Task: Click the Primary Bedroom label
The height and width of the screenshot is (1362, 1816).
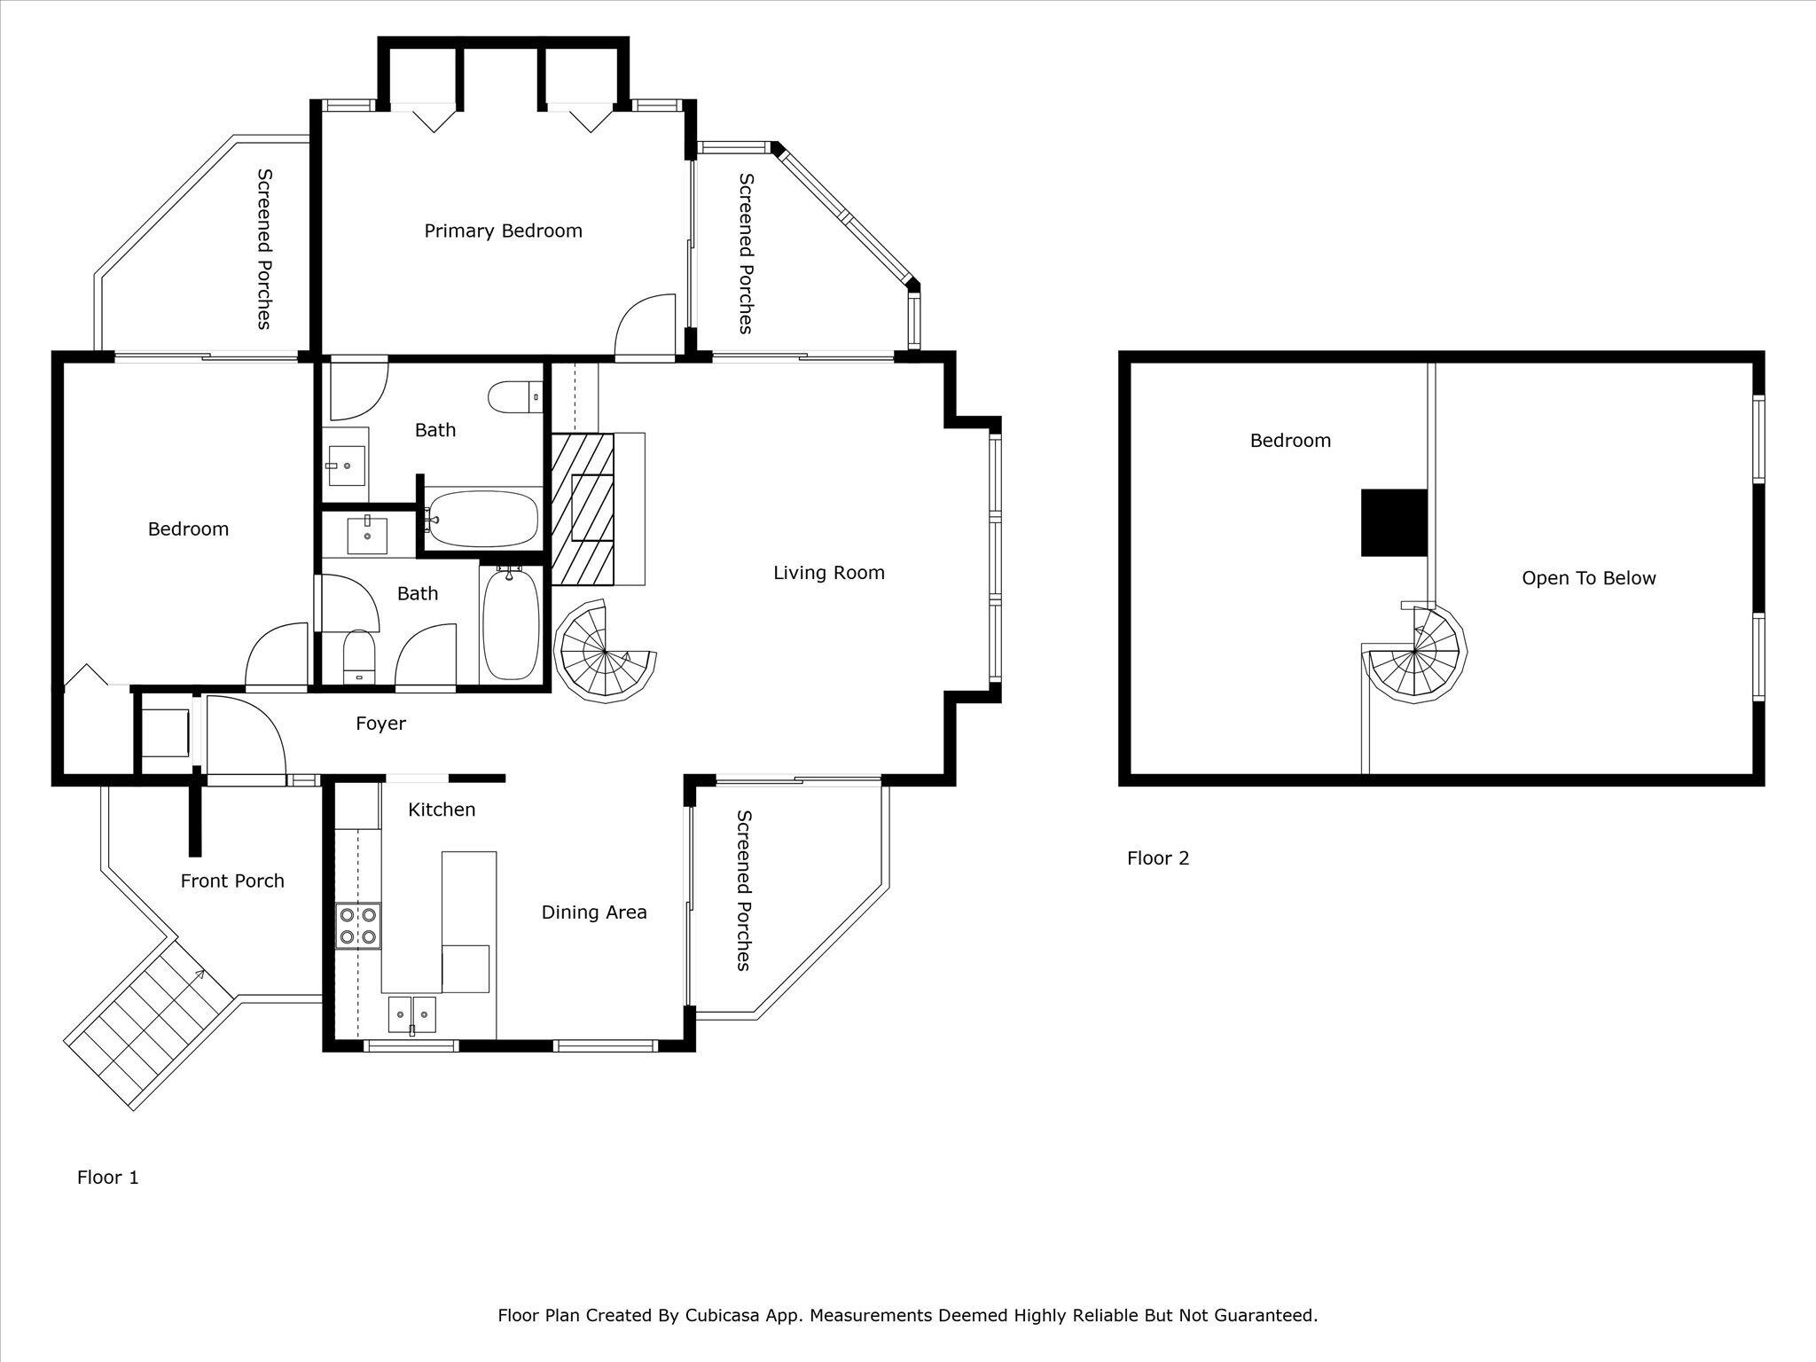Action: [x=503, y=231]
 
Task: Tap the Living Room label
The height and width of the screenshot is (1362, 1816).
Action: [x=828, y=573]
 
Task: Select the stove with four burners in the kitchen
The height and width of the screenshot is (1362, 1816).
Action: [x=359, y=926]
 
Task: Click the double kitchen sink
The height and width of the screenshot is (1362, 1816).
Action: [x=412, y=1013]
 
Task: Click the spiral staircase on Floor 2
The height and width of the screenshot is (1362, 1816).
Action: [x=1413, y=656]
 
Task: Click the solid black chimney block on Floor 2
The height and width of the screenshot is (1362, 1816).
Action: [x=1394, y=522]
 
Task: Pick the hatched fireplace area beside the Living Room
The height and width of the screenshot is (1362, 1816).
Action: [x=583, y=509]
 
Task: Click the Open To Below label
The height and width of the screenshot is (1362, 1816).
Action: [x=1588, y=579]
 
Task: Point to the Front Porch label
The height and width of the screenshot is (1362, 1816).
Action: [x=232, y=881]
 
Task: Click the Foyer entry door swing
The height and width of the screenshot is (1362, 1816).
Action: [x=243, y=735]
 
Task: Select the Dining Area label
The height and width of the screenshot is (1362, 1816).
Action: [x=594, y=912]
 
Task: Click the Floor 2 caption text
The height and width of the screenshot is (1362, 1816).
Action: [x=1157, y=858]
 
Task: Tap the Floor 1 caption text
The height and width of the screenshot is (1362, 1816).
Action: [x=108, y=1178]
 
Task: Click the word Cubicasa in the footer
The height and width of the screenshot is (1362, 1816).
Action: [x=722, y=1315]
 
